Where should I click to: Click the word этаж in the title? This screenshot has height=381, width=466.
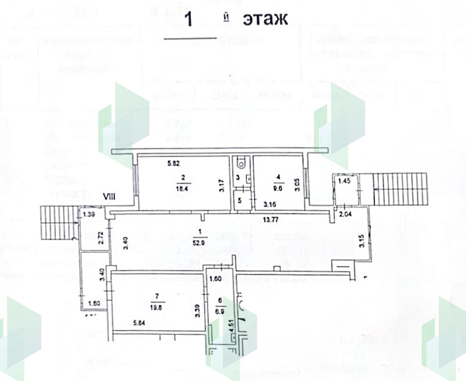[265, 19]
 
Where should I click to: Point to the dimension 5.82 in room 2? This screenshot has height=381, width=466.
[174, 163]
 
